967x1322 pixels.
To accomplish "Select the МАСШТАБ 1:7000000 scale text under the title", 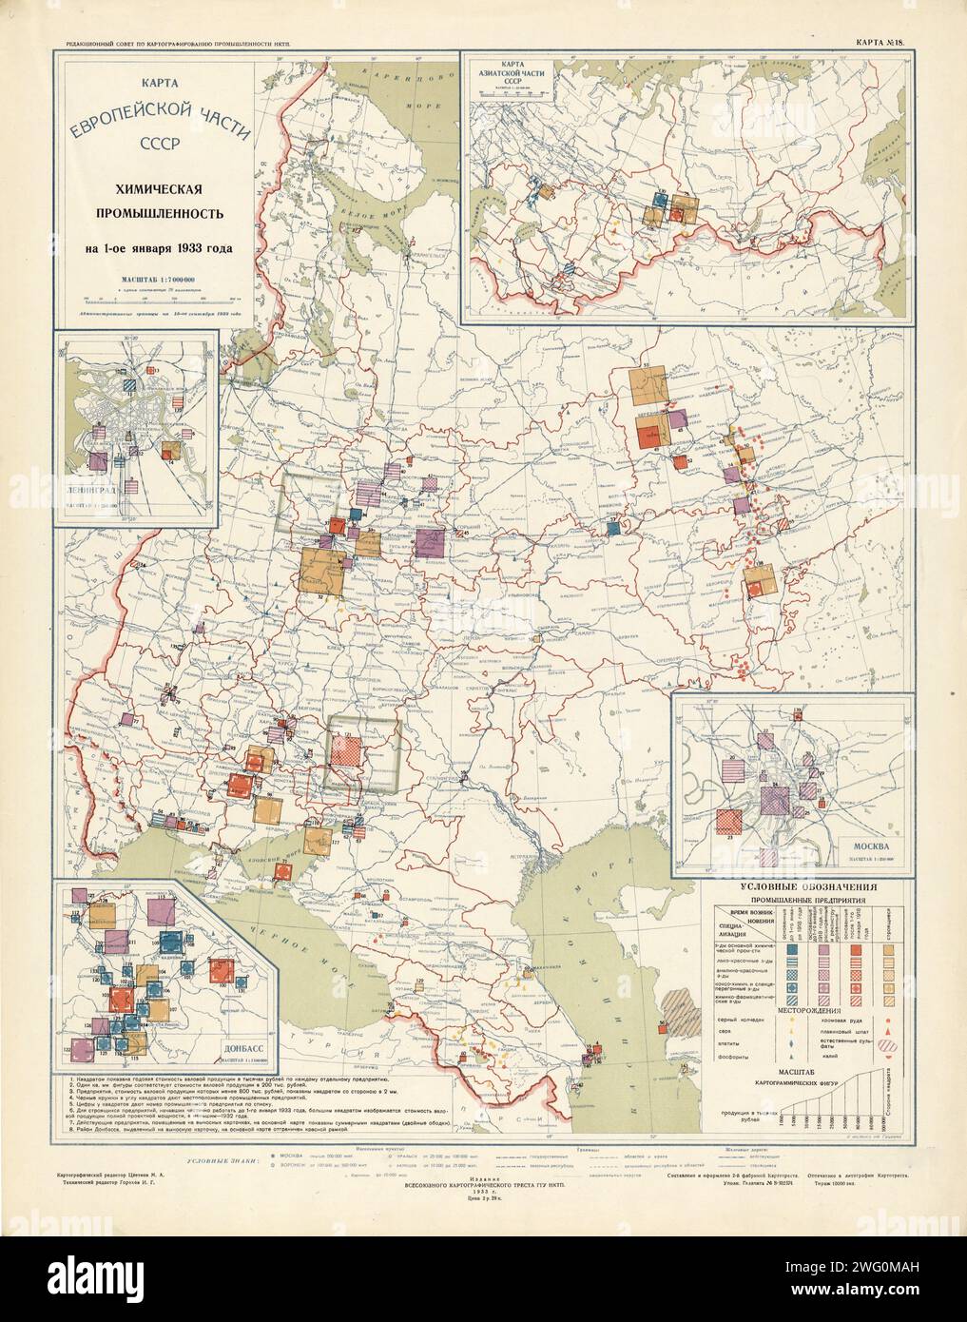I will click(x=153, y=279).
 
